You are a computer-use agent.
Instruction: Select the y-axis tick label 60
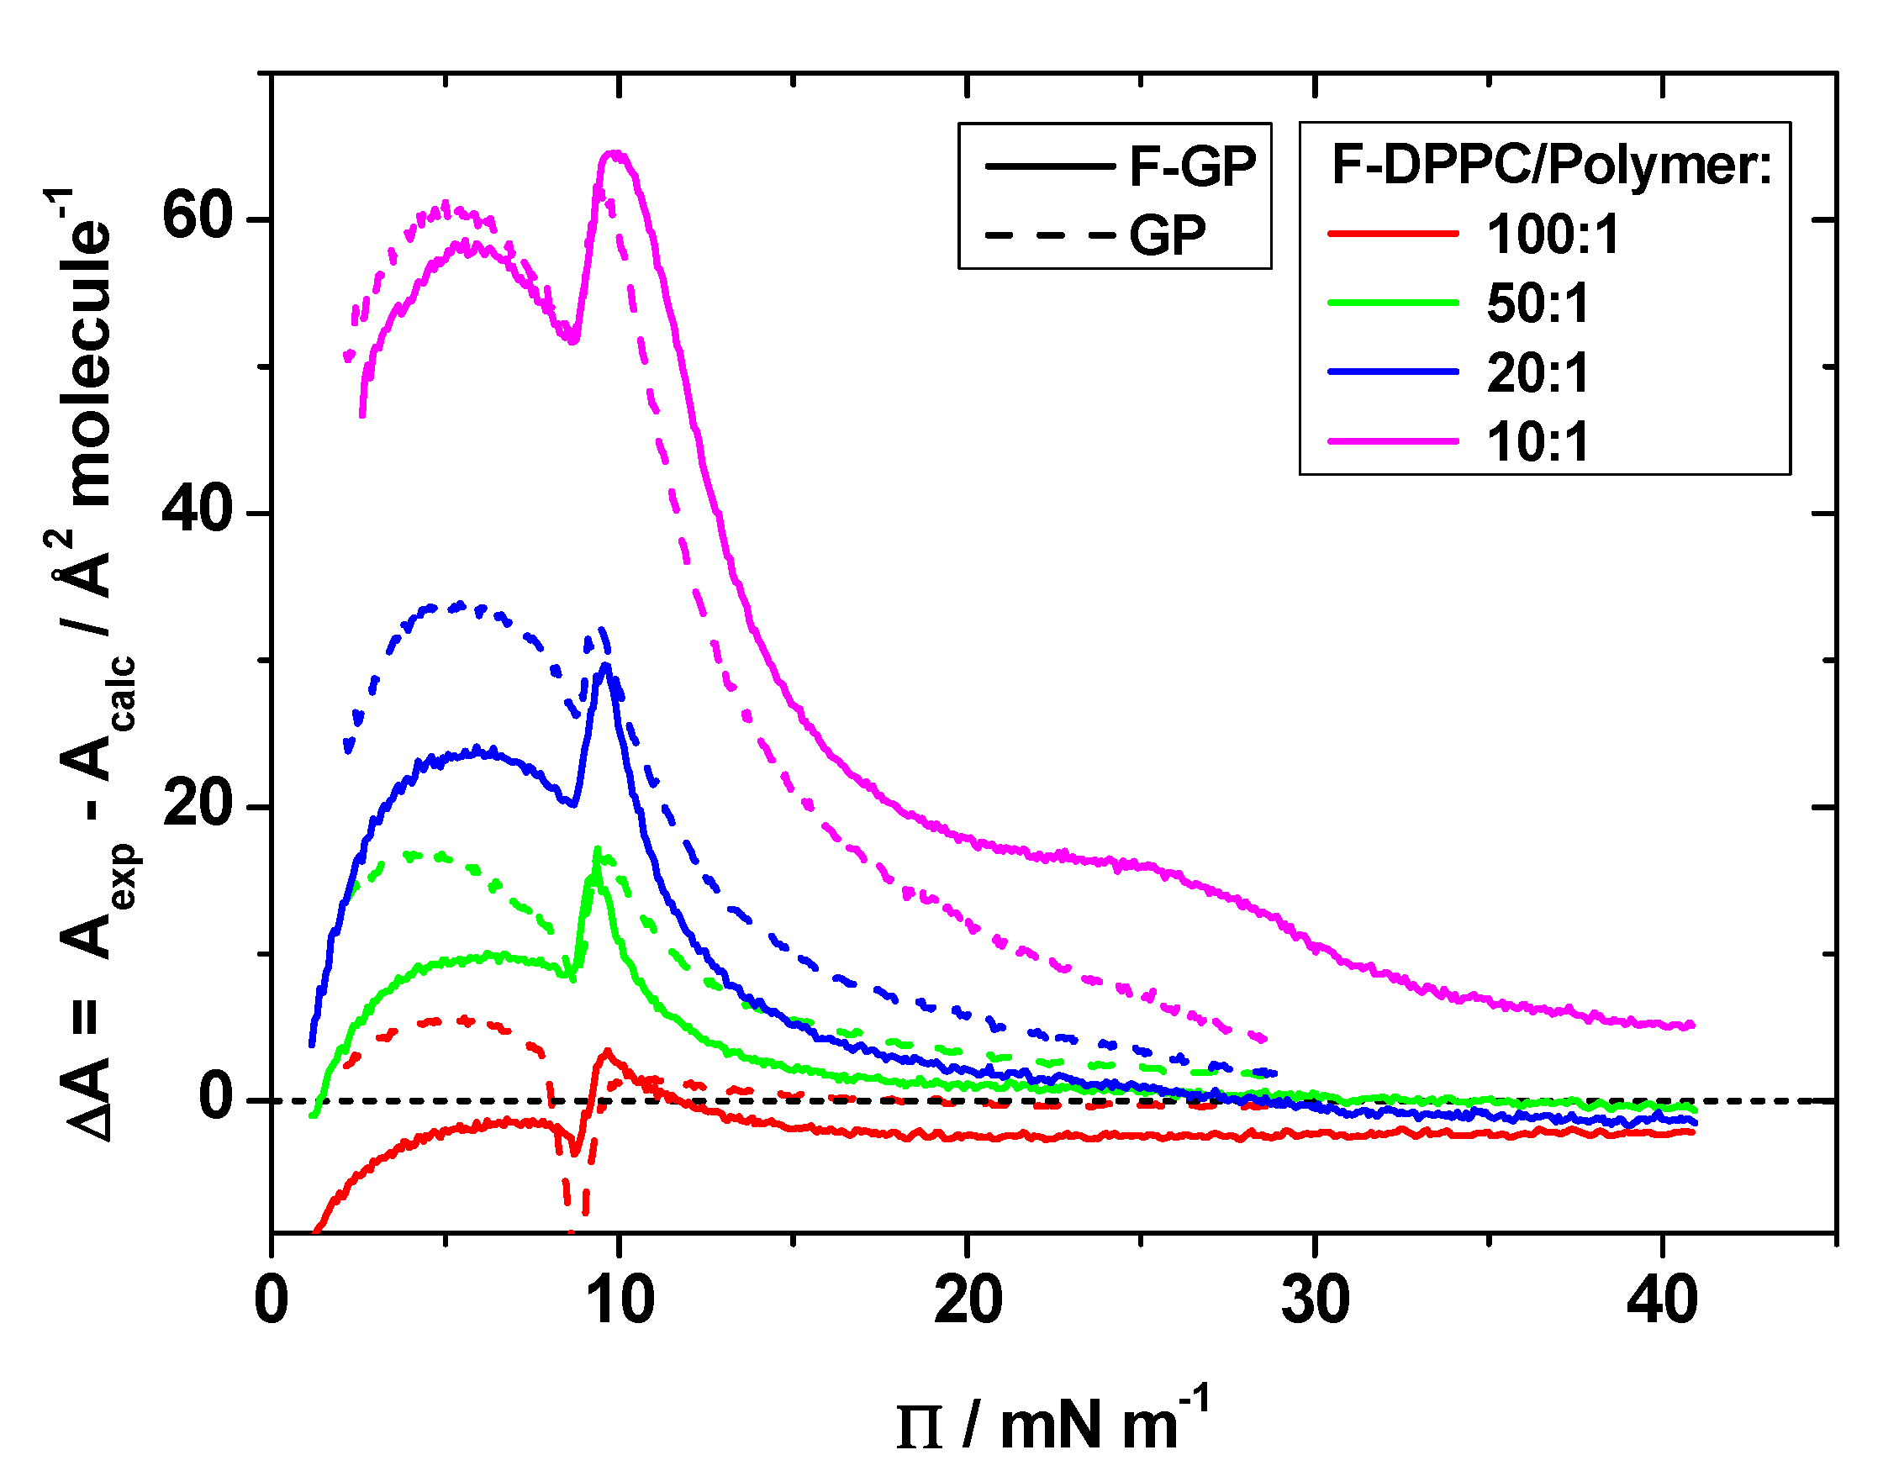click(x=198, y=216)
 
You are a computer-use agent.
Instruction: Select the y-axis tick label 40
click(x=198, y=510)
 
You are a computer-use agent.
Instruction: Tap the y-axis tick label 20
click(x=198, y=804)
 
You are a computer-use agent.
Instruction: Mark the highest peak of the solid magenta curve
click(x=614, y=154)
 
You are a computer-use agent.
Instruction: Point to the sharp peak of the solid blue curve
click(x=606, y=665)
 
